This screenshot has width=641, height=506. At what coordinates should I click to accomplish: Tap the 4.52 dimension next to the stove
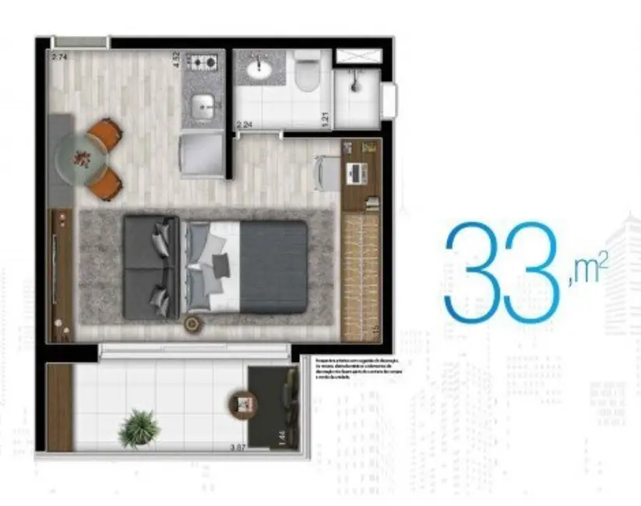(x=177, y=59)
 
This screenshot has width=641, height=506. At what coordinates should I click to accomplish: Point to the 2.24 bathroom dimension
(x=244, y=125)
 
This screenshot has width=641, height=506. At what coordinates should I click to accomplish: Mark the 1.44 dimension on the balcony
(x=281, y=438)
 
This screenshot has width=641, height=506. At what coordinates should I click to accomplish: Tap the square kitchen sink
(x=203, y=102)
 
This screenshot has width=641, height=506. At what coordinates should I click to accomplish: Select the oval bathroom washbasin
(x=257, y=70)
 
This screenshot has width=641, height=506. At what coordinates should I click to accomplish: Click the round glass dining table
(x=80, y=157)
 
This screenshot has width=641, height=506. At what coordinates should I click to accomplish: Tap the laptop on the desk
(x=358, y=173)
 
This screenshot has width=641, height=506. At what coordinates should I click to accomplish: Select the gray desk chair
(x=326, y=172)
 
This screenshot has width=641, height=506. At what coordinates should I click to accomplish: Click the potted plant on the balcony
(x=139, y=427)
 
